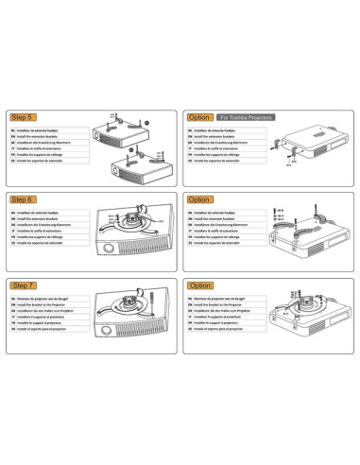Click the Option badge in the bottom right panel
(200, 284)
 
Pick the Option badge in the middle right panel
(200, 200)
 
